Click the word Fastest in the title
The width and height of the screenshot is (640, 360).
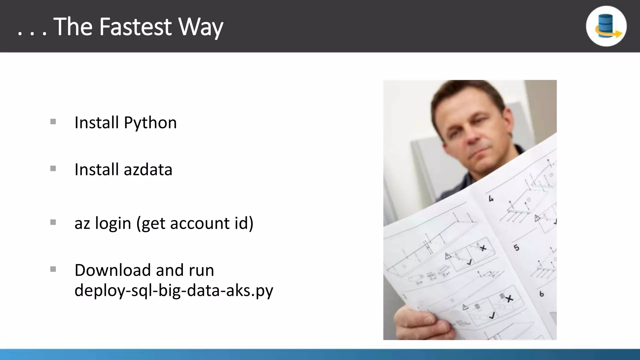tap(136, 27)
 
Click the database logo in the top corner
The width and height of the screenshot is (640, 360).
tap(606, 26)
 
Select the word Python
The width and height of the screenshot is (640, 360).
tap(150, 123)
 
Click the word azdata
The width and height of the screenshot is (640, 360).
tap(148, 170)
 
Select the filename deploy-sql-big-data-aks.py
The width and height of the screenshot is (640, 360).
tap(174, 291)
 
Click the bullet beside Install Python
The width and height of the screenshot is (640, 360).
tap(53, 122)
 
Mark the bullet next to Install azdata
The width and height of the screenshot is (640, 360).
tap(53, 169)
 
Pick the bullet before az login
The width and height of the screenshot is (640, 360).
tap(53, 222)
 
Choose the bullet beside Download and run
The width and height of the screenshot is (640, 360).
tap(53, 269)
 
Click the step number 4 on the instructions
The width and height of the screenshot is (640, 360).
tap(491, 199)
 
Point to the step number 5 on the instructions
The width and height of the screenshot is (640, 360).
tap(516, 248)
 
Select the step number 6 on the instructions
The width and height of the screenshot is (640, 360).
tap(542, 294)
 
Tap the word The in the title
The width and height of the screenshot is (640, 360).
tap(73, 27)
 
